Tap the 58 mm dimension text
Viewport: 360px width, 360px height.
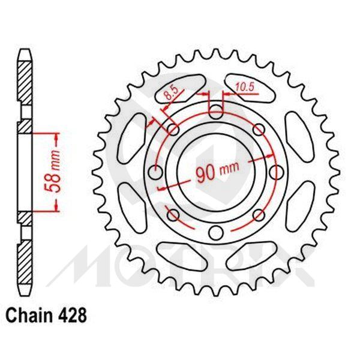pyautogui.click(x=52, y=172)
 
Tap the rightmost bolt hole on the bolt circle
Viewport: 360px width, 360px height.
pyautogui.click(x=278, y=173)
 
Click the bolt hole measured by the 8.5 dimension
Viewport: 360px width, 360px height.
pyautogui.click(x=173, y=128)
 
